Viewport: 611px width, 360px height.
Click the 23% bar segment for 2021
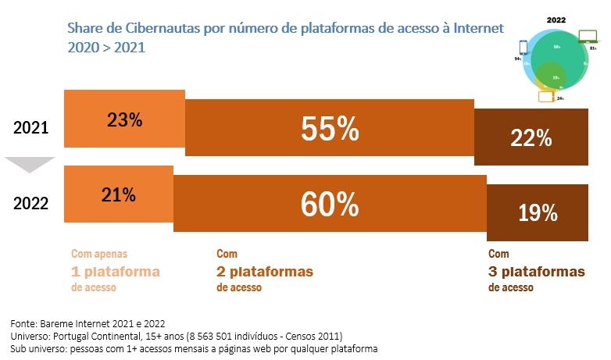[x=124, y=120]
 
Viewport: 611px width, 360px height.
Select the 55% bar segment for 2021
[x=329, y=130]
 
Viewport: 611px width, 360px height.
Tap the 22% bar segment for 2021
[x=531, y=137]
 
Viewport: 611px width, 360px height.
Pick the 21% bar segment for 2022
[x=118, y=194]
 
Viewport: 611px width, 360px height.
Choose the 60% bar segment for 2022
[x=329, y=205]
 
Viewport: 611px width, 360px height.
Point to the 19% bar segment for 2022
[x=537, y=212]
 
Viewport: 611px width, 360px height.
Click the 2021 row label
[x=31, y=127]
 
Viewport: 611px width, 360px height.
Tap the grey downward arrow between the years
[x=30, y=165]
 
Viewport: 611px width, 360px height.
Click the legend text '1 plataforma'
[x=115, y=271]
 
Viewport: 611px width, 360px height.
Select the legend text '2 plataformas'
[x=264, y=271]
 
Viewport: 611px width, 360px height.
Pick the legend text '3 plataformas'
[x=536, y=271]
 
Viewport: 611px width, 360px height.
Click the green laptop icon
[x=588, y=36]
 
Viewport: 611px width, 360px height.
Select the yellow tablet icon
[x=545, y=97]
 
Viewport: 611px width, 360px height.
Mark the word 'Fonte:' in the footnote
[x=25, y=323]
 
